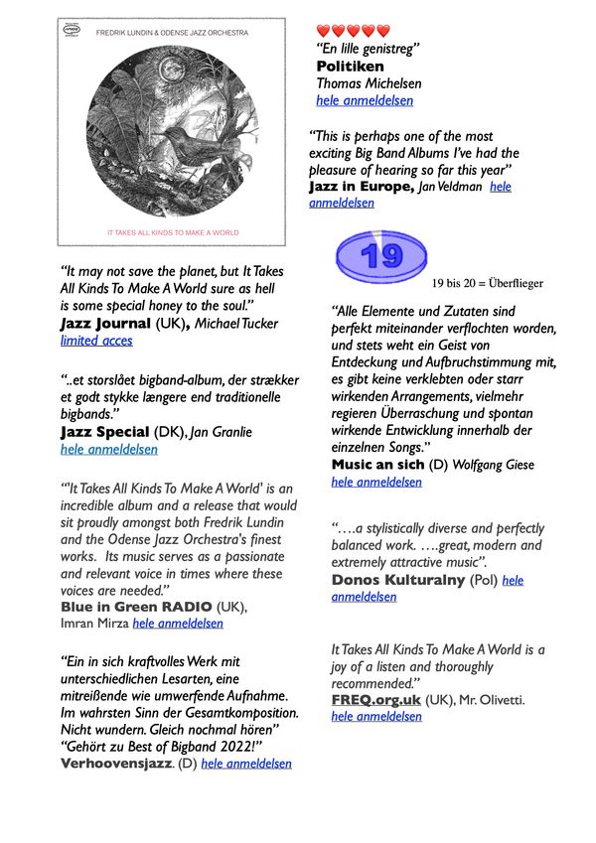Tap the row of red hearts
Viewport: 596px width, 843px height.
coord(353,31)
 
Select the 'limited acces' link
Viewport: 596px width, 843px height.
coord(96,341)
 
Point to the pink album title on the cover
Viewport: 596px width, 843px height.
coord(173,232)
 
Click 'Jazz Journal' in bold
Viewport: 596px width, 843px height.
coord(104,324)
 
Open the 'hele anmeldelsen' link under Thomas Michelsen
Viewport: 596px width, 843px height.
coord(365,100)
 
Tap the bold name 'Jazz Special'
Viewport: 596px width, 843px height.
coord(103,432)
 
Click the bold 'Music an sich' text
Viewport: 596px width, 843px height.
coord(383,464)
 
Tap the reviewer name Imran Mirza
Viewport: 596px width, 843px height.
coord(95,624)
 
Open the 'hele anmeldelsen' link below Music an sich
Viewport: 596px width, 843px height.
coord(376,482)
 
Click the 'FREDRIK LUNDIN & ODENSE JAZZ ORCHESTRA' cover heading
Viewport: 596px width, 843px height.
coord(171,33)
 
